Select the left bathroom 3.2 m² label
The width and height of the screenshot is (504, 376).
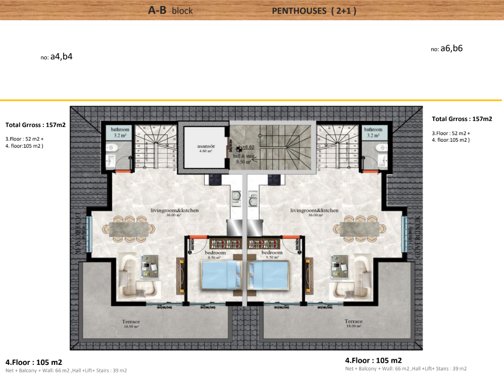tap(120, 133)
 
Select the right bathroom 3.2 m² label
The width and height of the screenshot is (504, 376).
tap(374, 133)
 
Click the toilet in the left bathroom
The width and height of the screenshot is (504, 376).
tap(114, 148)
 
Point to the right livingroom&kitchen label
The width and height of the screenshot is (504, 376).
tap(314, 212)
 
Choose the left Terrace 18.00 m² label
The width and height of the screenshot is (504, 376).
tap(130, 324)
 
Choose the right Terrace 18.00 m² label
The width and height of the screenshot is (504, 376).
tap(353, 324)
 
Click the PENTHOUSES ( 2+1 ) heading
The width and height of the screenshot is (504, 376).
tap(313, 10)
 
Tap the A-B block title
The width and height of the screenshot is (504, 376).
tap(170, 10)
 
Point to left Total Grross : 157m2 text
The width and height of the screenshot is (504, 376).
tap(35, 124)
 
